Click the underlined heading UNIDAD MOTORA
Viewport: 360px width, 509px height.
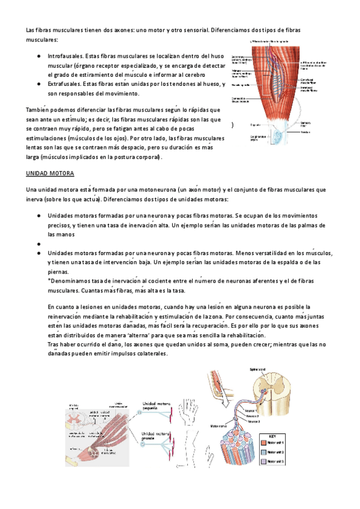point(50,173)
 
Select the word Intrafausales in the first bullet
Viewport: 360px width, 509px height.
point(64,55)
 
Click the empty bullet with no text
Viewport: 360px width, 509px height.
point(38,244)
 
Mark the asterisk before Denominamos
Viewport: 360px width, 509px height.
point(49,281)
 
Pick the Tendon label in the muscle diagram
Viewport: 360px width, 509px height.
point(305,131)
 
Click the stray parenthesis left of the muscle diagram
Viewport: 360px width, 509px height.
point(232,125)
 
